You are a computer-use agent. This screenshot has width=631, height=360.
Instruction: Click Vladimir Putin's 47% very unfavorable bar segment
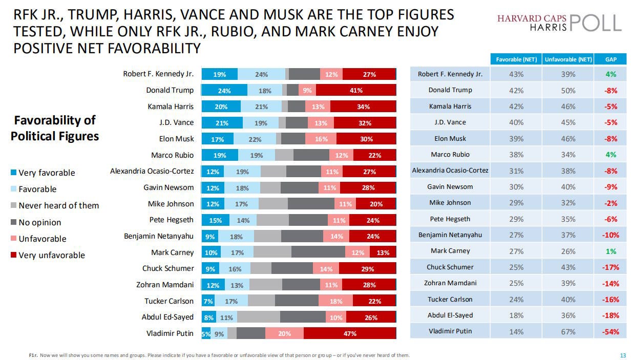click(x=350, y=333)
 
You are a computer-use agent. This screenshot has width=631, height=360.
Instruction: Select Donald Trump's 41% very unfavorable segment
click(x=356, y=90)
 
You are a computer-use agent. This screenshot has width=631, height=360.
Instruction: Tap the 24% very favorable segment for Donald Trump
click(x=224, y=90)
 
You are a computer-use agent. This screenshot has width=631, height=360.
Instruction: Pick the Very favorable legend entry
click(x=43, y=173)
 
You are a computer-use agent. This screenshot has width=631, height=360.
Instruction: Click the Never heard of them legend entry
click(x=55, y=205)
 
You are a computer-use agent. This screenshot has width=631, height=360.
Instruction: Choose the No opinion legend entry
click(x=36, y=222)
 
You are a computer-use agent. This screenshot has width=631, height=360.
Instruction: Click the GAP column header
click(x=611, y=59)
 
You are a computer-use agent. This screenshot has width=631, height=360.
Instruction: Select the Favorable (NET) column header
click(x=516, y=59)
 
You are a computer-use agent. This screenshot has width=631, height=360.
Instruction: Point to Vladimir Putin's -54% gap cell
click(x=611, y=331)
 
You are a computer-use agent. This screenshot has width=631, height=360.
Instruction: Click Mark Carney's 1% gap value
click(x=611, y=251)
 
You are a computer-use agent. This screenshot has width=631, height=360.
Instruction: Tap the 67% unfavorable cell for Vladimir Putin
click(x=568, y=331)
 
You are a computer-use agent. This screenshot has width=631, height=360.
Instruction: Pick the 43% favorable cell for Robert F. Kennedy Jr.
click(x=516, y=74)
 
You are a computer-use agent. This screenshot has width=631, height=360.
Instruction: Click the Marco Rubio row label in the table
click(x=450, y=154)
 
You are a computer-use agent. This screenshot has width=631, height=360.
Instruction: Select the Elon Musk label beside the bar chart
click(x=176, y=139)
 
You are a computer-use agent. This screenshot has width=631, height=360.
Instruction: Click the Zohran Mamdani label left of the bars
click(x=165, y=285)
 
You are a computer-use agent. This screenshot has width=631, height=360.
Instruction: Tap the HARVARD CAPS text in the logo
click(x=532, y=18)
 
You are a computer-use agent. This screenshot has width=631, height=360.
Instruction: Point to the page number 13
click(x=623, y=355)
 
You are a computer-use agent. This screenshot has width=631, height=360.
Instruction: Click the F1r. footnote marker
click(x=33, y=355)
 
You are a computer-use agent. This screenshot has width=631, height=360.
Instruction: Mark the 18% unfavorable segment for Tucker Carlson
click(x=335, y=301)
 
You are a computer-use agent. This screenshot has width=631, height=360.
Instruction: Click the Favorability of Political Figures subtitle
click(x=55, y=128)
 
